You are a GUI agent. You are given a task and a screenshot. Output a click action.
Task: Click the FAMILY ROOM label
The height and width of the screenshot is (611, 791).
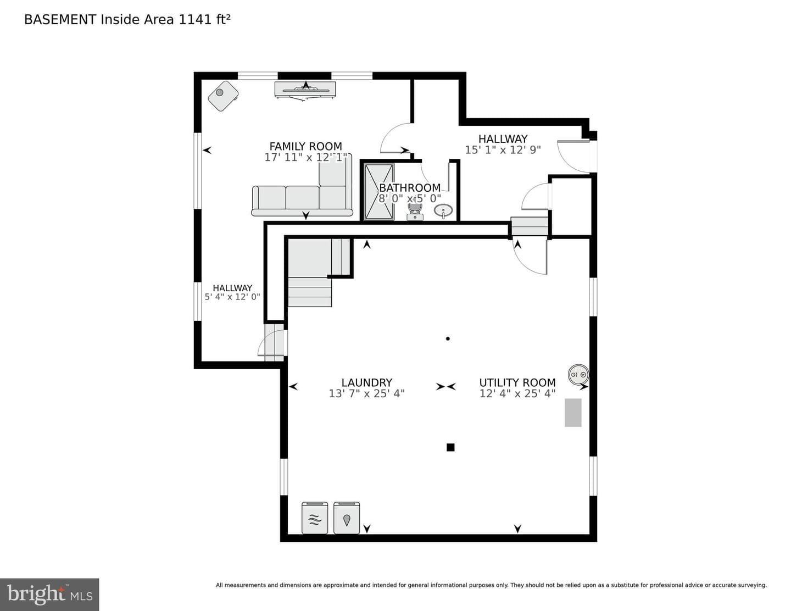pos(305,146)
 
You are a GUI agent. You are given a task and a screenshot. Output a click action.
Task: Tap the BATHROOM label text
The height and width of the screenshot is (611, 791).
pos(410,188)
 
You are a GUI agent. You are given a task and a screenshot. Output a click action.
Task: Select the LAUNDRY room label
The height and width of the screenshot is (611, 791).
pos(366,382)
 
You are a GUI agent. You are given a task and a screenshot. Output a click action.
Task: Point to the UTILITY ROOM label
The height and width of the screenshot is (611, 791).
pos(517,382)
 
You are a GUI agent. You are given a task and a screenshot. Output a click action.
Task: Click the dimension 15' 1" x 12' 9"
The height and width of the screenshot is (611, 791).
pos(503,149)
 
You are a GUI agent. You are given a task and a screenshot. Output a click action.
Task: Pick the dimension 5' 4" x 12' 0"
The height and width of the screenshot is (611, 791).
pos(232,297)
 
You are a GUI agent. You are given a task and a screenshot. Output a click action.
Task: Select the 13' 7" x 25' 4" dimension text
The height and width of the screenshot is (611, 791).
pos(366,393)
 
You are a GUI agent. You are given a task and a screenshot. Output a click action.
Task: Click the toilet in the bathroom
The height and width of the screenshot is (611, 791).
pos(415,211)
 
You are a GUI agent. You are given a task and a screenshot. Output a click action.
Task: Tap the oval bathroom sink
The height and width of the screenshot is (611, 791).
pos(443,210)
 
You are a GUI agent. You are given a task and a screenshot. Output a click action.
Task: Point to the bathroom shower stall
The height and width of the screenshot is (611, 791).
pos(379,192)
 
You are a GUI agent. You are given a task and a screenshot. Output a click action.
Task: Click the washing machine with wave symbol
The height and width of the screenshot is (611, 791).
pos(315,518)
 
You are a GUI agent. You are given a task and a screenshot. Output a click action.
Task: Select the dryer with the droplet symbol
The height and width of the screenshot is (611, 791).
pos(347,518)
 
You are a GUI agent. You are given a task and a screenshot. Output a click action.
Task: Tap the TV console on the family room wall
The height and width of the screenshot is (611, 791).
pos(305,90)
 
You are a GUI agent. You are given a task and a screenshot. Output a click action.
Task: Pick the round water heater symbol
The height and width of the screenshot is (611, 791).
pos(578,374)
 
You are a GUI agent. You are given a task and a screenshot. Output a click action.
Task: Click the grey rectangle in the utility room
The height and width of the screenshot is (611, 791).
pos(573,413)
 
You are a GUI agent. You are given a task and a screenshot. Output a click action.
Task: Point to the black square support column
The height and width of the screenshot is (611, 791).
pos(450,447)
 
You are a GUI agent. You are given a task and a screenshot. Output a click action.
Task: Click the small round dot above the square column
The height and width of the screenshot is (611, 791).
pos(448,338)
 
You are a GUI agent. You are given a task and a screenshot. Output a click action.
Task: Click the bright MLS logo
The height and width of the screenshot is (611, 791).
pos(49,595)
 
